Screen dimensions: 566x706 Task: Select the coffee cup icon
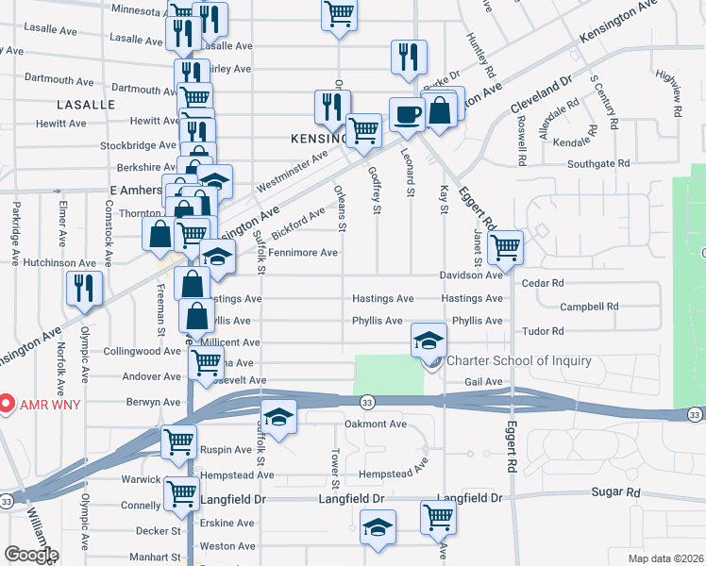[407, 114]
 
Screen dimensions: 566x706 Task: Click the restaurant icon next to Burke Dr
[409, 56]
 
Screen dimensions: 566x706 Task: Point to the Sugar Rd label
[615, 492]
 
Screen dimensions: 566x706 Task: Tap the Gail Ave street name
[482, 382]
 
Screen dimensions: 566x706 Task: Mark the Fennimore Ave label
[302, 253]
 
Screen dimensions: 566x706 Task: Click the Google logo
[31, 554]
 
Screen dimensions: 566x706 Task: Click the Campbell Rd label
[588, 307]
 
